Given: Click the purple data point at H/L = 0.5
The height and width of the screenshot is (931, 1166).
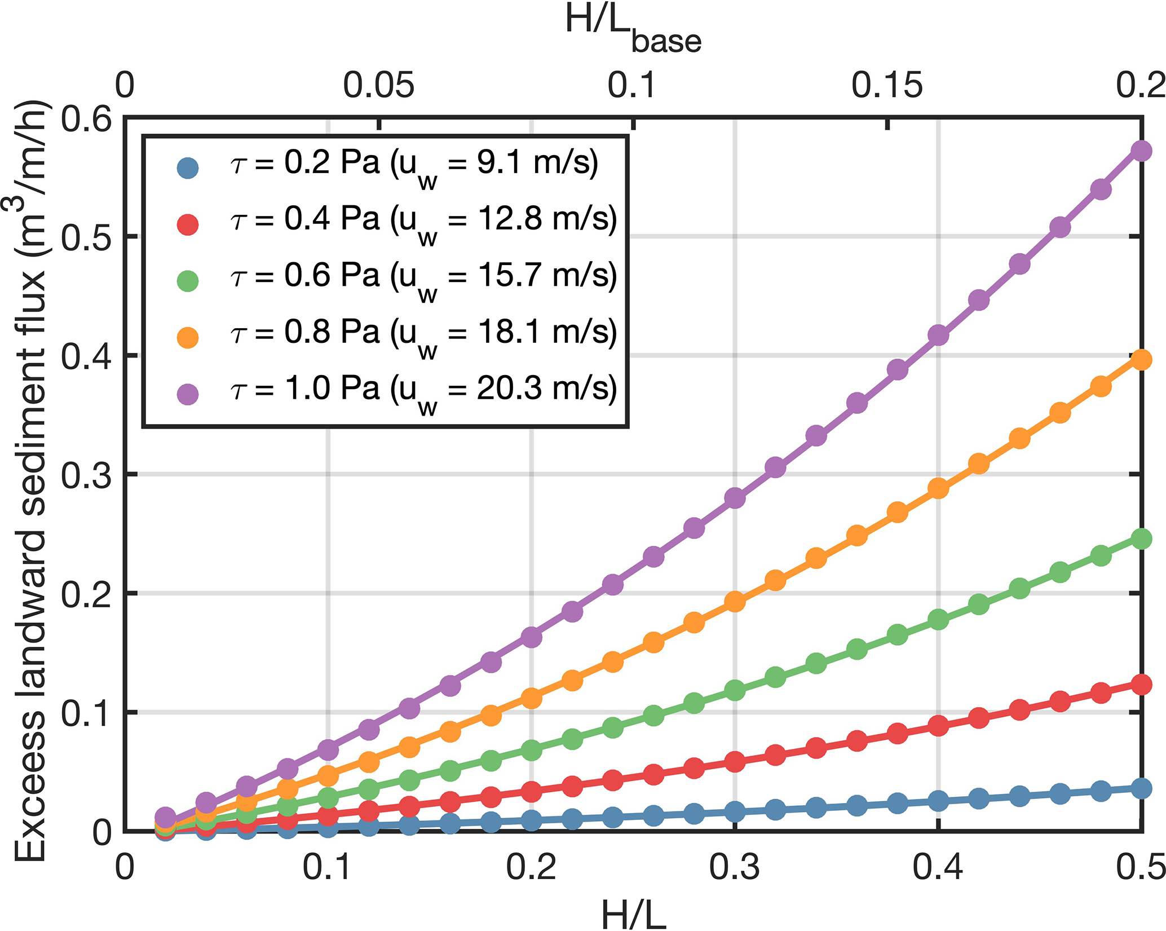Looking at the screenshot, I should point(1141,151).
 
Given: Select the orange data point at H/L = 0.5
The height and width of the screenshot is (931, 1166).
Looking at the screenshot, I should point(1141,360).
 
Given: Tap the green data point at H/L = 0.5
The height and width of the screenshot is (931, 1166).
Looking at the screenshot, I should point(1141,539).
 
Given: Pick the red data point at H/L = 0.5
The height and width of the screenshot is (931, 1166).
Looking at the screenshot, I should point(1141,685).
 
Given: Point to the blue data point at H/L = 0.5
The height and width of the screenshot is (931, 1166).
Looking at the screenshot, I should point(1141,788).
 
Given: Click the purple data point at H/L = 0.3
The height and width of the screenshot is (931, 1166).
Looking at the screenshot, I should point(735,498).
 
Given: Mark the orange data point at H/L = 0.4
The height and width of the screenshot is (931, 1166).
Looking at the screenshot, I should point(938,488).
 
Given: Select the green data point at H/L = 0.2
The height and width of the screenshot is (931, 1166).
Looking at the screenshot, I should point(531,751).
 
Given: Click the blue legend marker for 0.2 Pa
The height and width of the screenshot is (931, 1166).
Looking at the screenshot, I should point(188,167).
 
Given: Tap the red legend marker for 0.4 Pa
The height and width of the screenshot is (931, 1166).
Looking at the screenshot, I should point(188,224).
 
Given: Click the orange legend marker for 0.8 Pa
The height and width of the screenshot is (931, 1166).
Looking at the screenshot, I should point(188,337).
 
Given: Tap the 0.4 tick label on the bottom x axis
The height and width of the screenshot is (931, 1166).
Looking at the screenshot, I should point(938,867).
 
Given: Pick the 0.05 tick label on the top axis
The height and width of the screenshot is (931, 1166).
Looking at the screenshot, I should point(379,86).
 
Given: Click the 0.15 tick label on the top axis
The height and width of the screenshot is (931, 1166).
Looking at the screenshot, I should point(887,86).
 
